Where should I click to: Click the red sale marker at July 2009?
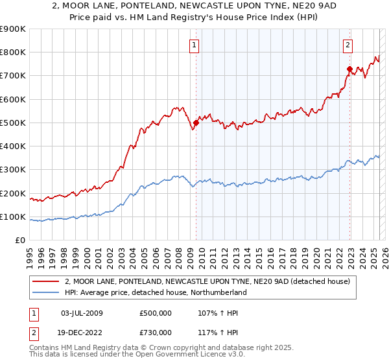point(196,123)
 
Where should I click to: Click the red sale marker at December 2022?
point(349,69)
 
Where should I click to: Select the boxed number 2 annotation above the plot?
point(348,45)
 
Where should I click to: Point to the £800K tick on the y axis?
point(13,53)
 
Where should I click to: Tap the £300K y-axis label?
point(13,170)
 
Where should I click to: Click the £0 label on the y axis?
point(19,240)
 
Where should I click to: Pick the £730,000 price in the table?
point(155,332)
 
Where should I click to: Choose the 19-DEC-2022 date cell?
point(81,332)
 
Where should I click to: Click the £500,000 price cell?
point(155,312)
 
